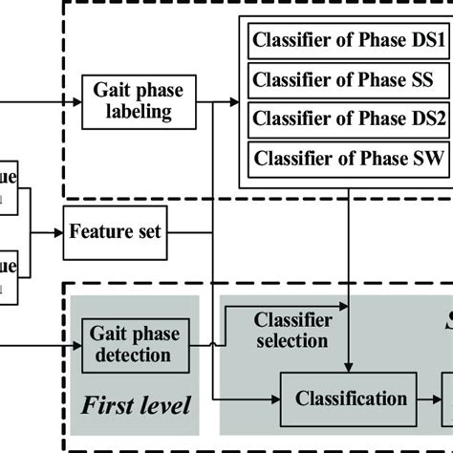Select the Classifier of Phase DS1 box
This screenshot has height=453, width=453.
click(x=347, y=41)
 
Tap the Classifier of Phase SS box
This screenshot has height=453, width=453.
click(x=347, y=77)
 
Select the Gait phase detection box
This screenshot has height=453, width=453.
click(x=132, y=344)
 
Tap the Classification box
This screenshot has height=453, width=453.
click(x=349, y=399)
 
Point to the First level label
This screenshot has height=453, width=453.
click(x=136, y=405)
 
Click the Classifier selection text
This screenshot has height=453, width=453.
click(x=293, y=330)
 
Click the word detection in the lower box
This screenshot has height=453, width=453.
click(x=132, y=356)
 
